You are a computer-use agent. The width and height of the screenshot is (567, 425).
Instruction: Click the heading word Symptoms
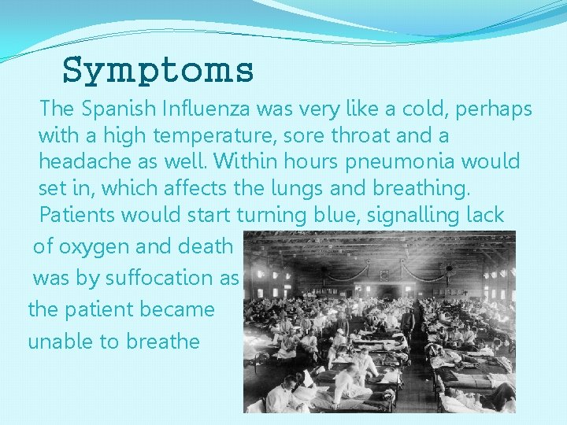point(157,70)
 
